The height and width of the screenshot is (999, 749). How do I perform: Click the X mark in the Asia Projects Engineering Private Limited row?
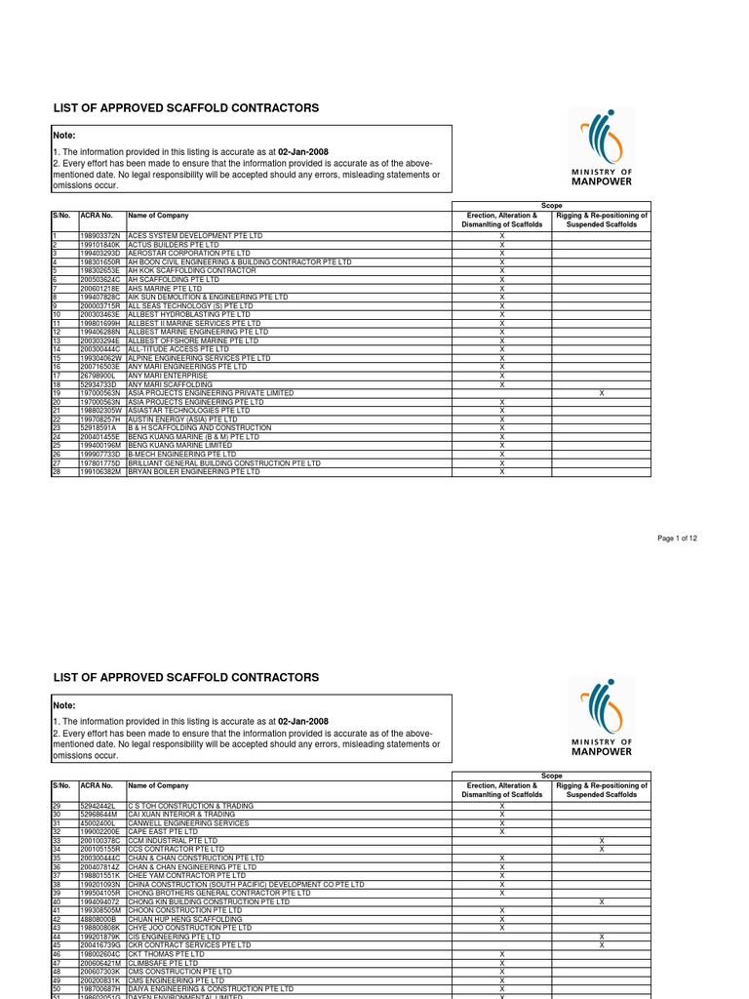click(602, 393)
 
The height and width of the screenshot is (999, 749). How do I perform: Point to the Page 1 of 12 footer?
click(678, 539)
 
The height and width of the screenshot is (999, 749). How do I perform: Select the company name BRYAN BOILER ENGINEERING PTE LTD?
click(194, 471)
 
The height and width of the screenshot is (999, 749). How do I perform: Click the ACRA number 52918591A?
click(98, 428)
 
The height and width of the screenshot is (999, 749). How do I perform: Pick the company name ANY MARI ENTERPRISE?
click(168, 376)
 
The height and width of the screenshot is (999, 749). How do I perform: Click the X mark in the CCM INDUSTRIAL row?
click(602, 841)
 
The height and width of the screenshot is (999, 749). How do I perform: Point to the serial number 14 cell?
click(58, 349)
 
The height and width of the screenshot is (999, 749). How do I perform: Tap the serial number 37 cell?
click(58, 876)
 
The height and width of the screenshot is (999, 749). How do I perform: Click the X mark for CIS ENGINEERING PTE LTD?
click(602, 937)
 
